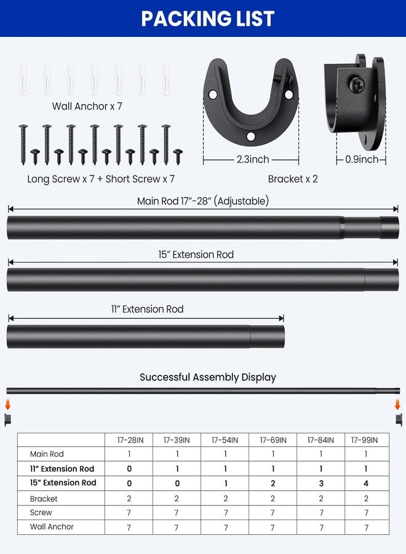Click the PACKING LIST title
208,18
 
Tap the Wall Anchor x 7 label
87,106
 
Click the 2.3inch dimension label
252,159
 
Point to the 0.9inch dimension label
362,159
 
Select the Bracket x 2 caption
293,179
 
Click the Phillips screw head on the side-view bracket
357,85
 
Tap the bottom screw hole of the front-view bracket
251,137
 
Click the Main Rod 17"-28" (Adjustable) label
202,201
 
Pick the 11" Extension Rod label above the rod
147,309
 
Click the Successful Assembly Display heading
208,377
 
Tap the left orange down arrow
8,404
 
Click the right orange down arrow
397,404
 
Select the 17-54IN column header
225,440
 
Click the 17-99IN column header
365,440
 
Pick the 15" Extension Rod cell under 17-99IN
365,483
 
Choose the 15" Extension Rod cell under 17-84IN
321,483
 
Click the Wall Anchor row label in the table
52,527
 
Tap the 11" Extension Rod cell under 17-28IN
129,469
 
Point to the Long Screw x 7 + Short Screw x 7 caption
101,179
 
